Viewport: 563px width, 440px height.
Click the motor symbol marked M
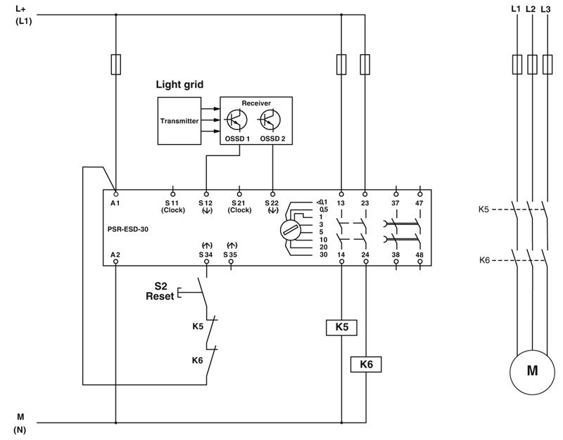[533, 370]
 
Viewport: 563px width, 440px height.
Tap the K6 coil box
[365, 364]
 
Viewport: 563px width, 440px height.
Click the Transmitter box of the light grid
[179, 120]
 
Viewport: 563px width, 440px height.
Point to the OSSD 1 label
[238, 138]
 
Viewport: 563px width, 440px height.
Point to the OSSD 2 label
[272, 138]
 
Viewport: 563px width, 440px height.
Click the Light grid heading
[179, 84]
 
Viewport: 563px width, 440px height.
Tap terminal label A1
[115, 202]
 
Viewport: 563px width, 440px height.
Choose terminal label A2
[115, 253]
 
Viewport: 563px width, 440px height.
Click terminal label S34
[205, 253]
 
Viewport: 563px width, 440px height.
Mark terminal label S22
[272, 202]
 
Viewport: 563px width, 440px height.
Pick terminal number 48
[420, 253]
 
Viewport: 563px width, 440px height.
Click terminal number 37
[396, 202]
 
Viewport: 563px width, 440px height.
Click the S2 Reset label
[160, 291]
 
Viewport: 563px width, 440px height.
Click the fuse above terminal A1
[115, 65]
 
